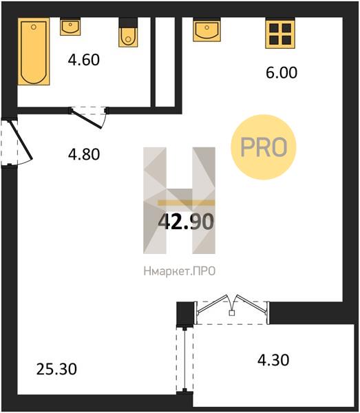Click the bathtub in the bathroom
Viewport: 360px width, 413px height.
point(34,52)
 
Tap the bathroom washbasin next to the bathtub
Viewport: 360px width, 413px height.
point(70,27)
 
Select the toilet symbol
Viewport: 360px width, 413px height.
point(128,32)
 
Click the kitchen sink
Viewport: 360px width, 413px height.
point(207,30)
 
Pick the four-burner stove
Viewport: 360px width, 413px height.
point(280,33)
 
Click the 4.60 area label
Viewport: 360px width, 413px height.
point(84,59)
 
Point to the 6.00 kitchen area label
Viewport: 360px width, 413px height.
point(282,72)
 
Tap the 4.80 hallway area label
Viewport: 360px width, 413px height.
point(84,154)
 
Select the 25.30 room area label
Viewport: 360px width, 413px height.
point(56,369)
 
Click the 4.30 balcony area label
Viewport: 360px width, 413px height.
point(273,360)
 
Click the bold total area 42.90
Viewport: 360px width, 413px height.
point(186,222)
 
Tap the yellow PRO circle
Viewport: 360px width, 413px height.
point(264,147)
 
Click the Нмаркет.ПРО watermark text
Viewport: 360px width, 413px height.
point(180,271)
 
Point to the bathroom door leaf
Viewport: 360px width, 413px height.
point(86,119)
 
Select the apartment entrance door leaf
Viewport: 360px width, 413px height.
point(21,140)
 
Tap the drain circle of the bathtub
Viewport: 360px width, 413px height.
point(34,27)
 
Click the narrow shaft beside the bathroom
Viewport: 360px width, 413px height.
point(165,62)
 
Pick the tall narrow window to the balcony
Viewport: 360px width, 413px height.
point(185,359)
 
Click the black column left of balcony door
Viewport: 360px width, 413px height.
point(185,314)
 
